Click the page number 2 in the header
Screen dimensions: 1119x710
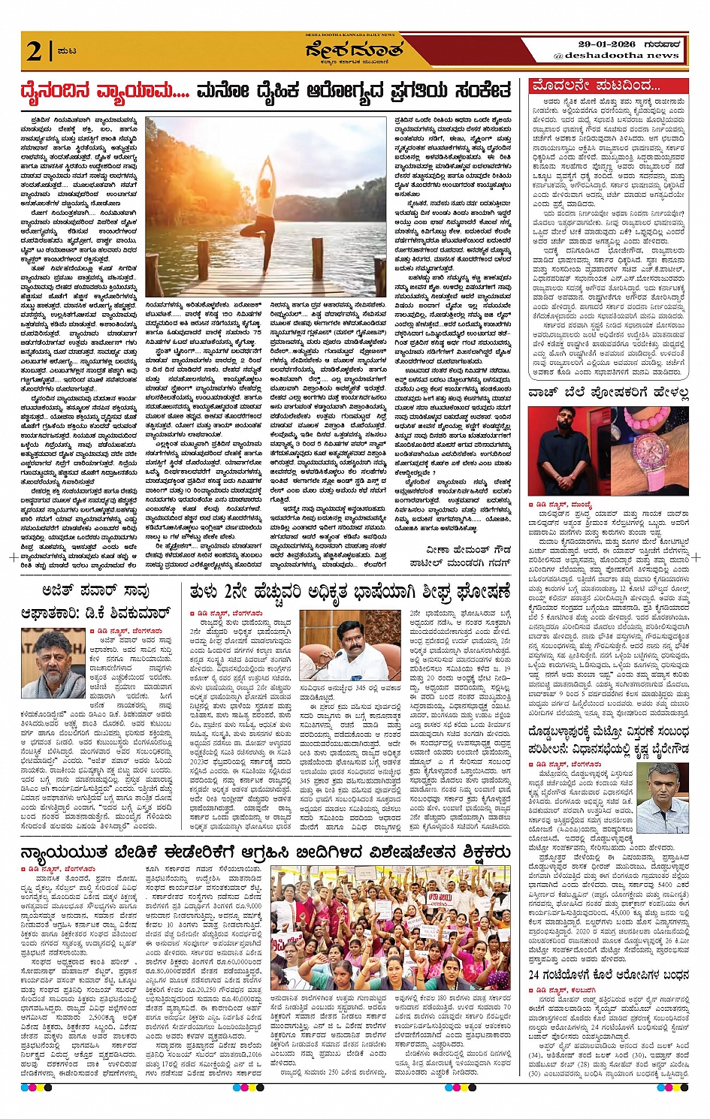[x=34, y=50]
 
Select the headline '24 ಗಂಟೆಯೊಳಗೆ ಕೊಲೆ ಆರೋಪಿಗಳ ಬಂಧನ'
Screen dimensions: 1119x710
[x=608, y=976]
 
